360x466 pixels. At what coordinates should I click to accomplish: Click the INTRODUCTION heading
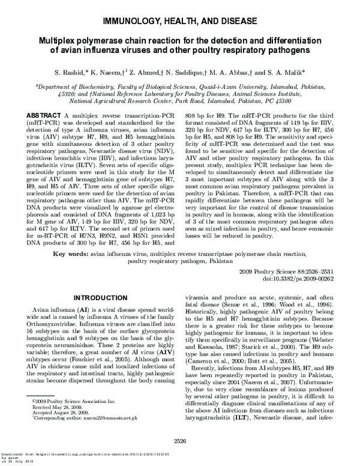(x=99, y=298)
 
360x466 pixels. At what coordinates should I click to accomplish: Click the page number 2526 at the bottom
(x=179, y=449)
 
